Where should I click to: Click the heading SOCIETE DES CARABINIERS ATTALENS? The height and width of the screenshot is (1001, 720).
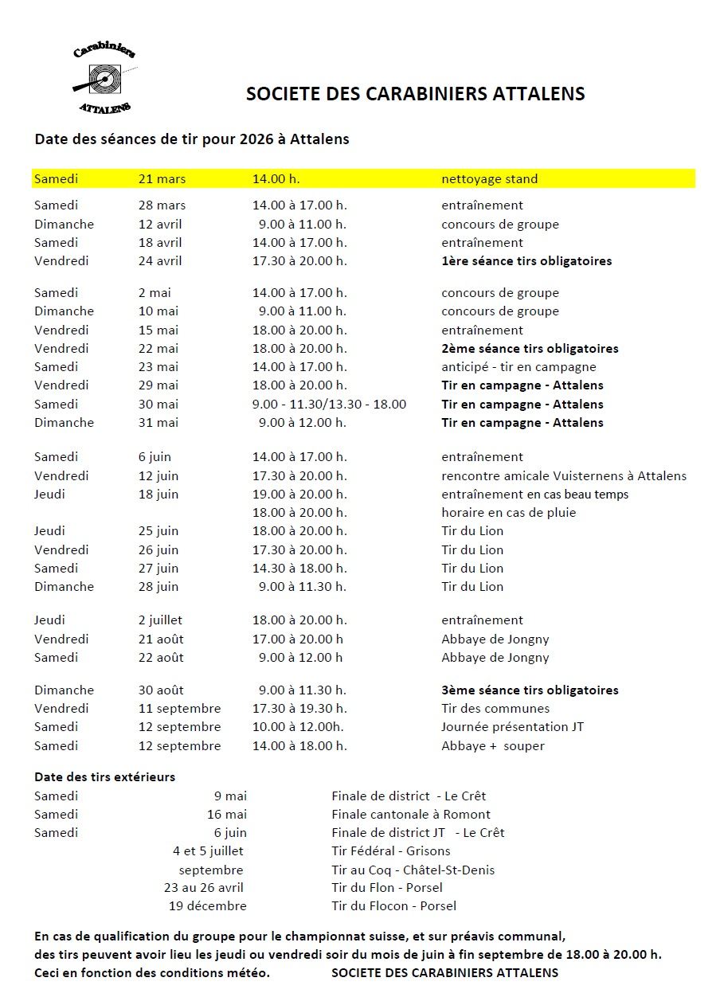[x=415, y=94]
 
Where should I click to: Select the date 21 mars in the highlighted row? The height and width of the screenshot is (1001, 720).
[x=162, y=179]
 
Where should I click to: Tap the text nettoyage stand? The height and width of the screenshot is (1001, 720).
[x=489, y=179]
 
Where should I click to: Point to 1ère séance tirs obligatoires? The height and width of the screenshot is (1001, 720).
[x=526, y=261]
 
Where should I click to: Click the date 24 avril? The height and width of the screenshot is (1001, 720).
[x=160, y=261]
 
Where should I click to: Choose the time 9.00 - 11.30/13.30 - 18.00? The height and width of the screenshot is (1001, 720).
[x=329, y=405]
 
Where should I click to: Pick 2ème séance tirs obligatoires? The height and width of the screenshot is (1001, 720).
[x=530, y=349]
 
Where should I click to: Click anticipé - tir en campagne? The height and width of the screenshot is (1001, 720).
[x=518, y=367]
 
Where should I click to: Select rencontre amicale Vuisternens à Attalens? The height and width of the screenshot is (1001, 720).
[x=564, y=476]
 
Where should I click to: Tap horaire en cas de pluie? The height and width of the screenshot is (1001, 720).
[x=508, y=513]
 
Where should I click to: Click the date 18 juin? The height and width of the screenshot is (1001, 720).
[x=158, y=495]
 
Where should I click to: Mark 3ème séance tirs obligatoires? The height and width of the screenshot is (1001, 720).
[x=530, y=690]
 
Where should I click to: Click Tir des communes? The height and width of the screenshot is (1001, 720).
[x=495, y=709]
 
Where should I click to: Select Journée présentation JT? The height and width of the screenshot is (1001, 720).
[x=513, y=727]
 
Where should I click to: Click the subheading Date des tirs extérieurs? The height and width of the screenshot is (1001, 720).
[x=104, y=776]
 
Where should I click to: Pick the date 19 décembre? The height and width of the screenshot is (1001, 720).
[x=207, y=906]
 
